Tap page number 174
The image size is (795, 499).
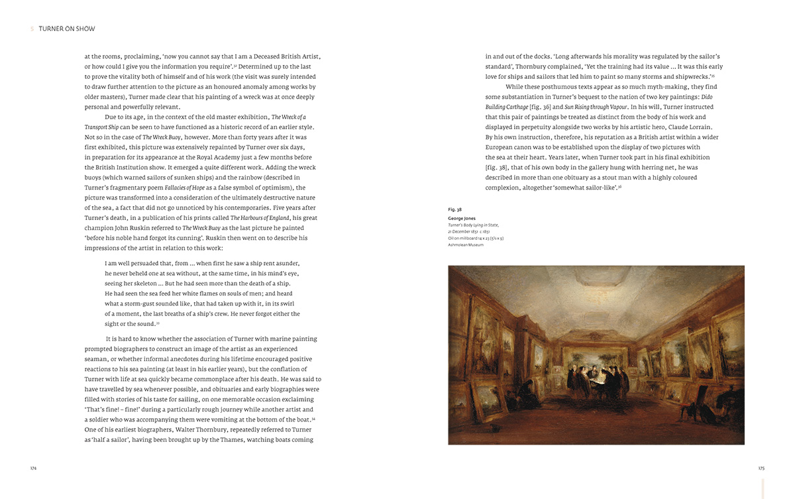(33, 468)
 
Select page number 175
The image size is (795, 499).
(761, 468)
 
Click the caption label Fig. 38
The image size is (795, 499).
(454, 209)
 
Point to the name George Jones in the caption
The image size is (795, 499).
(462, 218)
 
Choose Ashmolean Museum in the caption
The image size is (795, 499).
(466, 245)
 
